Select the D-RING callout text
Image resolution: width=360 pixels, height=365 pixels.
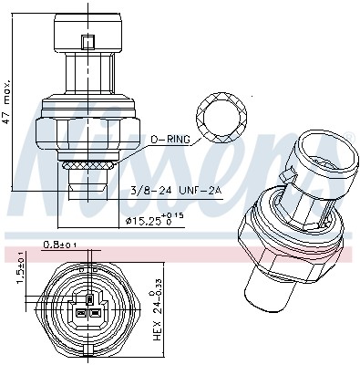pos(170,140)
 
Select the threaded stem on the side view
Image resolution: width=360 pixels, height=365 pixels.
pos(86,178)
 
